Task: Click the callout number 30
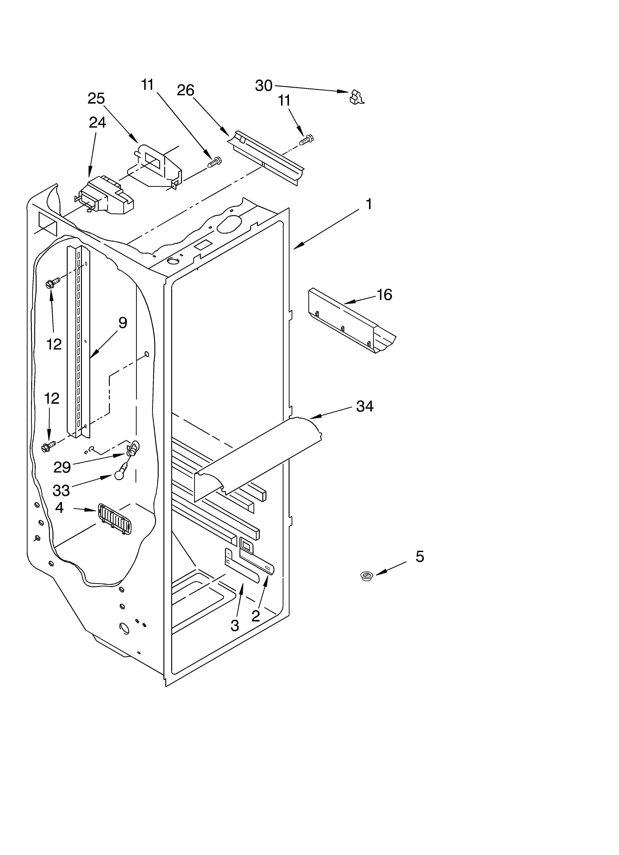(x=263, y=86)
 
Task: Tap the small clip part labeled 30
(x=357, y=97)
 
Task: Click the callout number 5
(x=420, y=556)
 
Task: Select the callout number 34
(x=365, y=406)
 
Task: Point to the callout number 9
(x=123, y=323)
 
